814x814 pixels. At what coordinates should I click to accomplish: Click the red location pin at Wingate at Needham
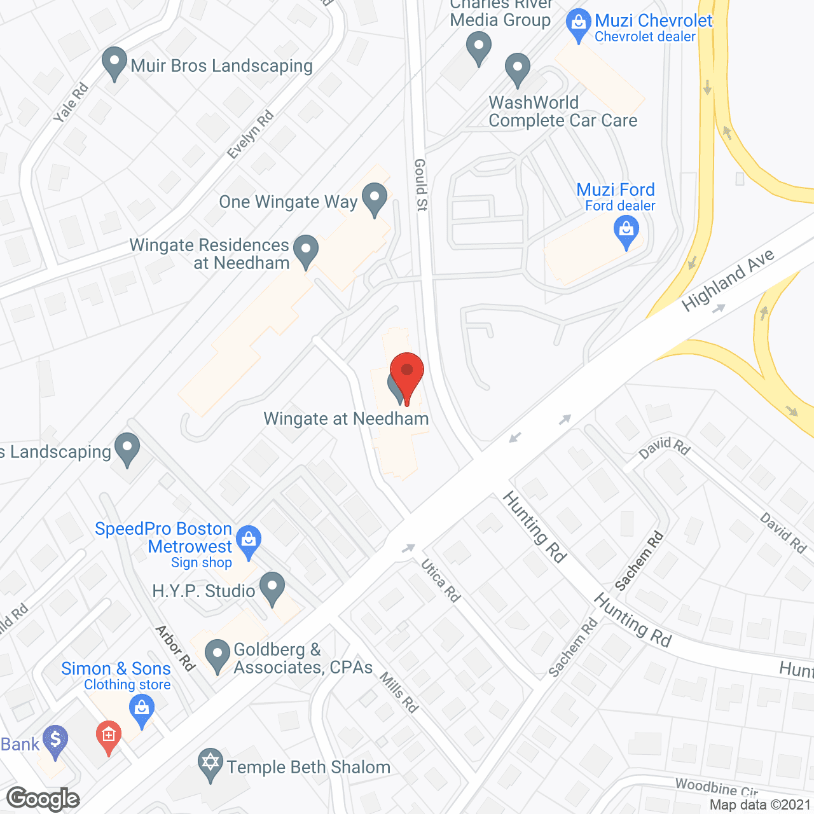click(407, 372)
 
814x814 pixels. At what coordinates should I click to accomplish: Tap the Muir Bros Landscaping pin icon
click(114, 64)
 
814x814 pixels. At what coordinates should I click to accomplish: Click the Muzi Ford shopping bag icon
click(626, 231)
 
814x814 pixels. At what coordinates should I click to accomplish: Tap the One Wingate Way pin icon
click(375, 198)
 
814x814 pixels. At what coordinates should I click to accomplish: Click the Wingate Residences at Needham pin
click(306, 251)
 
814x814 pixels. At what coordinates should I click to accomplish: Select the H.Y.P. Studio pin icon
click(273, 588)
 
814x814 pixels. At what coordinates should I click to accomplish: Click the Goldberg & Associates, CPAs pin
click(217, 655)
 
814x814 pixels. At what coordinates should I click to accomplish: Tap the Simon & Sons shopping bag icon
click(141, 710)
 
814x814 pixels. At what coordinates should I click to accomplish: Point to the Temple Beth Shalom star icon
click(210, 764)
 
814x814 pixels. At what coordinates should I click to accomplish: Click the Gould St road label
click(421, 184)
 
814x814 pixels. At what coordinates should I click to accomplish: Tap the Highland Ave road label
click(728, 280)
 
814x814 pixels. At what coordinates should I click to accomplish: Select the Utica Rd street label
click(440, 580)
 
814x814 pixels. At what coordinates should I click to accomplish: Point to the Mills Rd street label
click(399, 692)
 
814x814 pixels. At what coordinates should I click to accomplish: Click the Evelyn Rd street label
click(251, 134)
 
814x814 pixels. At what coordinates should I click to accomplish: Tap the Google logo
click(43, 799)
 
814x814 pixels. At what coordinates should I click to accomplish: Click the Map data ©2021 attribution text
click(761, 805)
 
